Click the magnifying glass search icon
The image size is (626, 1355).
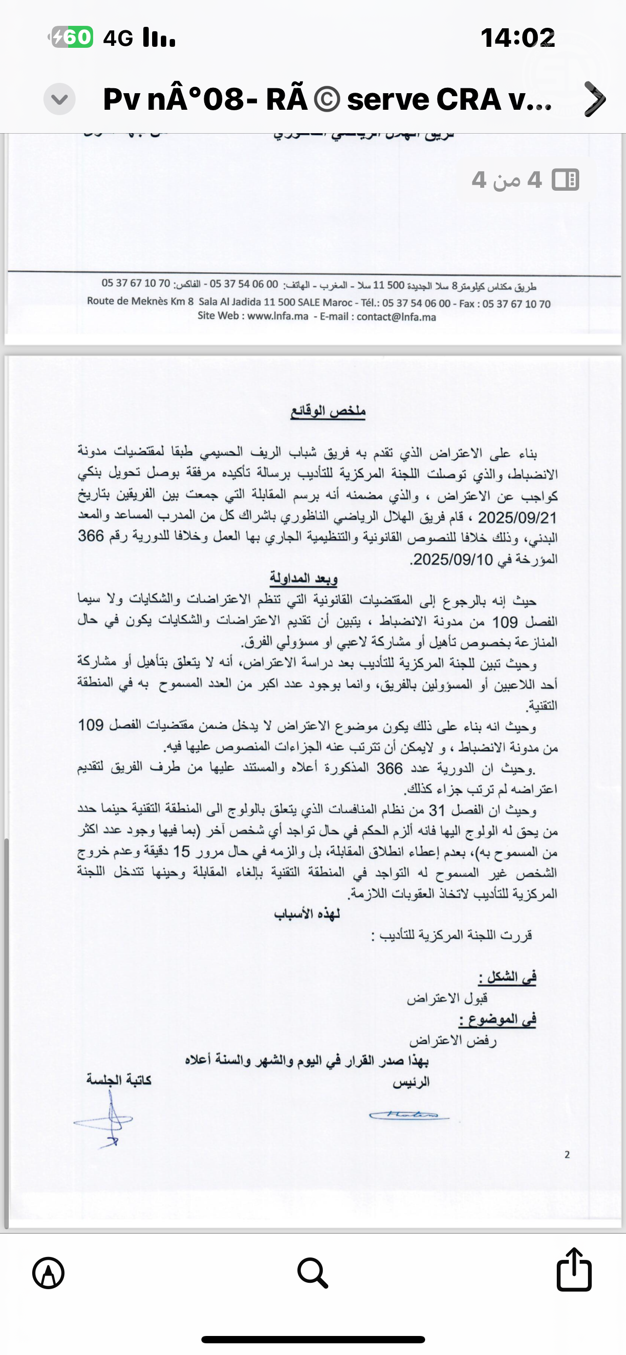(x=313, y=1273)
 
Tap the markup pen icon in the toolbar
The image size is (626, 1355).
(x=48, y=1273)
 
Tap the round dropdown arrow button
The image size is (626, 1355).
(x=59, y=99)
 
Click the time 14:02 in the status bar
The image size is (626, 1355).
(x=518, y=38)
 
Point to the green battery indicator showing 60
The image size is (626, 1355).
(x=72, y=38)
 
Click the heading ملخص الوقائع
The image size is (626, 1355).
(x=328, y=411)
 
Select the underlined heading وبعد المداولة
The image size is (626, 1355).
(x=303, y=578)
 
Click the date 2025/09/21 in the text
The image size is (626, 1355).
(x=517, y=518)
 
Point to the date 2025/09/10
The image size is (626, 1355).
(x=453, y=559)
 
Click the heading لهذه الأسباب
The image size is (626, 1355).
(x=307, y=914)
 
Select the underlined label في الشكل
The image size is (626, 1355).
(x=507, y=977)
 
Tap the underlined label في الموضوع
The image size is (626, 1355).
(x=497, y=1019)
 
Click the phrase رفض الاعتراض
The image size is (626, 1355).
(x=453, y=1040)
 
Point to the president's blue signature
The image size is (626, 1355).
(x=409, y=1115)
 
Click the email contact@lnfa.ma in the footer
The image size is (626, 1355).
(x=396, y=317)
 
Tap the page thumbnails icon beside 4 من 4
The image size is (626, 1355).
(x=566, y=180)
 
